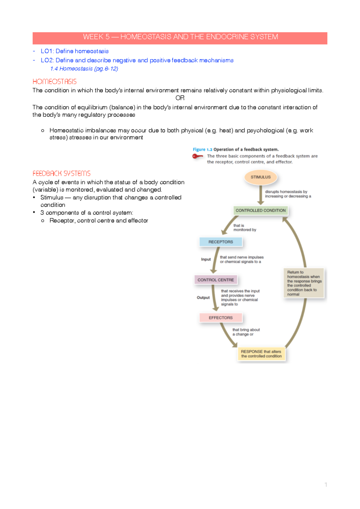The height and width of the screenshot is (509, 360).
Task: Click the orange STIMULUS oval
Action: [260, 177]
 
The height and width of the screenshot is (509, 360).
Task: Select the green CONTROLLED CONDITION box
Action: [260, 210]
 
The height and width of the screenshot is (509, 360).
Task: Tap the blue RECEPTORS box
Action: [220, 242]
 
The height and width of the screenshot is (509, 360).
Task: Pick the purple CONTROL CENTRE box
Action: [215, 280]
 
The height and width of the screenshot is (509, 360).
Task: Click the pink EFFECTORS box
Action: [220, 318]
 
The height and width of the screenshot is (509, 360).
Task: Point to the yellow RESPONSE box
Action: [261, 354]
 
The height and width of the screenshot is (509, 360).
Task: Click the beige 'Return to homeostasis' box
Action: [304, 283]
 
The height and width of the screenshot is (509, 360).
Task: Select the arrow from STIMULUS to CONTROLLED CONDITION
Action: [260, 195]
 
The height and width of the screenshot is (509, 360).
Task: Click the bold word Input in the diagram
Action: [206, 259]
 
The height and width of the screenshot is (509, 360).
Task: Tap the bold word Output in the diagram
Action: [203, 297]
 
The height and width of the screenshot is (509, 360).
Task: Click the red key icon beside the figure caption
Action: [197, 156]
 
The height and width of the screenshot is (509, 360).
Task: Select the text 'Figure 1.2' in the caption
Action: [202, 149]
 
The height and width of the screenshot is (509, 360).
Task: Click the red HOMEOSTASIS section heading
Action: [55, 82]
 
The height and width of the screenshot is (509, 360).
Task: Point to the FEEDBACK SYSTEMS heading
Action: [61, 173]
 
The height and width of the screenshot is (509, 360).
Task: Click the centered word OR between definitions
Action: [180, 98]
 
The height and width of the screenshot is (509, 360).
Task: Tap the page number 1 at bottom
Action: [325, 484]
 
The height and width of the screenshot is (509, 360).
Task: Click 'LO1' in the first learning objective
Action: [47, 51]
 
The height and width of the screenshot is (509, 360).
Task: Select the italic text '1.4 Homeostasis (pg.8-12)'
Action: [84, 69]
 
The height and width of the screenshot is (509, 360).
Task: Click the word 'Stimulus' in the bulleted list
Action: [52, 197]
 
